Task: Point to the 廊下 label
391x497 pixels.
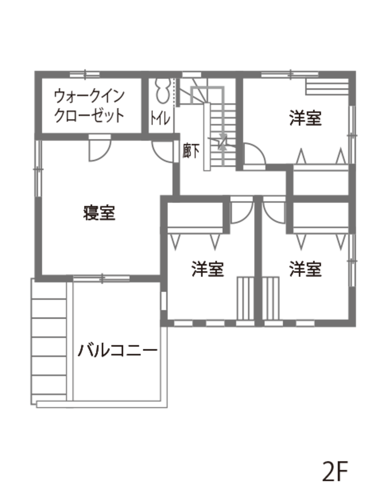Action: pyautogui.click(x=192, y=150)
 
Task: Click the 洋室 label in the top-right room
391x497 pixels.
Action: pyautogui.click(x=305, y=117)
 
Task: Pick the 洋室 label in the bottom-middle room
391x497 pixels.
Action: pyautogui.click(x=208, y=269)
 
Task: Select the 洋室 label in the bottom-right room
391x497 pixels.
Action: pyautogui.click(x=305, y=269)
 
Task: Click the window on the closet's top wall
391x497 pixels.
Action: pyautogui.click(x=85, y=74)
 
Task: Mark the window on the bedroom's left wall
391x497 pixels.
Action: pyautogui.click(x=38, y=169)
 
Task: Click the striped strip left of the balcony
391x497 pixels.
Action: pyautogui.click(x=50, y=341)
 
